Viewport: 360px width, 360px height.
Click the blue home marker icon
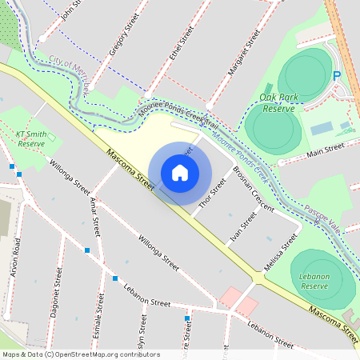point(180,173)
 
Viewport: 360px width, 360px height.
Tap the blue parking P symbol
point(337,75)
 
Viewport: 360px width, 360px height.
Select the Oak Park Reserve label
point(278,102)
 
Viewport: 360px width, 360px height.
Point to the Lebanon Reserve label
point(315,281)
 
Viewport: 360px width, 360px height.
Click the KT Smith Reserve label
point(31,138)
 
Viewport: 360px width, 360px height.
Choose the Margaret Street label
point(246,58)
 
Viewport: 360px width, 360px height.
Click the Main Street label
point(325,149)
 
